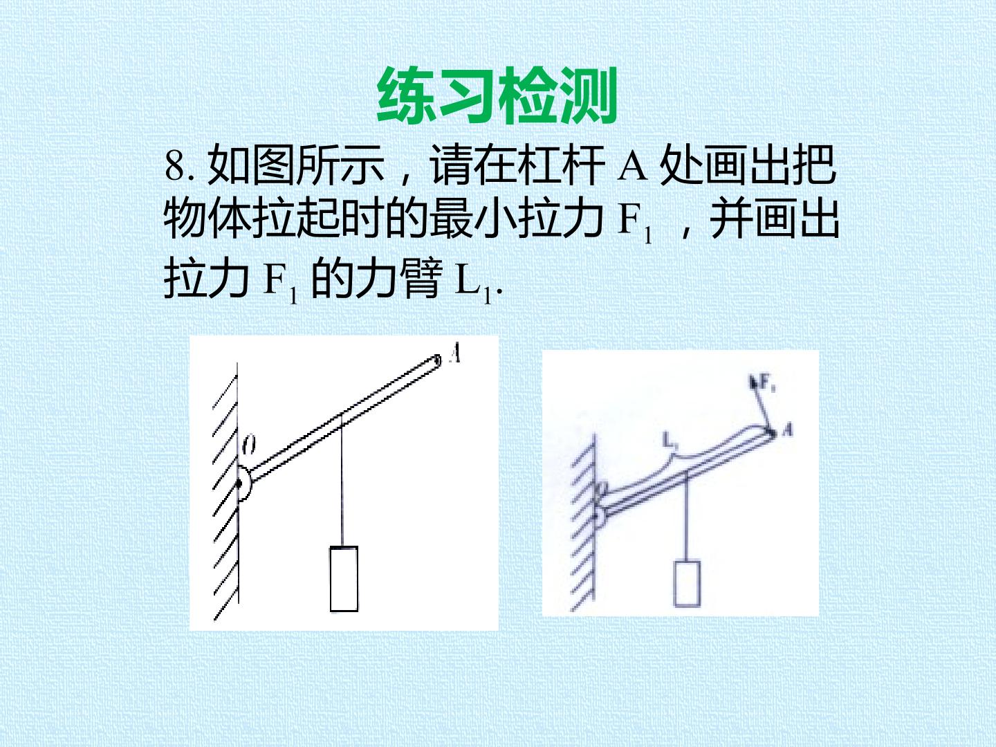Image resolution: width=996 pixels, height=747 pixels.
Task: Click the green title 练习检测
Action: (497, 96)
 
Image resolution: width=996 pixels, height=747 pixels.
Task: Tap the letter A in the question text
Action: (633, 165)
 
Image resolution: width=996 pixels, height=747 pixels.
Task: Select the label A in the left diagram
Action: (455, 353)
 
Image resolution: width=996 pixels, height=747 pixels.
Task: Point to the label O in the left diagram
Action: (249, 445)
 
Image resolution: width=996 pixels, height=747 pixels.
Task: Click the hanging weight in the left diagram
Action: (344, 579)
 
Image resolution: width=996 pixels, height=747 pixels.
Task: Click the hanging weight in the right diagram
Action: (687, 584)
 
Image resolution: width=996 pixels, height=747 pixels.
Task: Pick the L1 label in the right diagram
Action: (669, 439)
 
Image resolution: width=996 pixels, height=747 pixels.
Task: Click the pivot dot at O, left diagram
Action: (239, 484)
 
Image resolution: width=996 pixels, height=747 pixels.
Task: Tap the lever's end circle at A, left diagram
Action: (437, 360)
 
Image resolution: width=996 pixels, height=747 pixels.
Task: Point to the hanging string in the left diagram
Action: (342, 481)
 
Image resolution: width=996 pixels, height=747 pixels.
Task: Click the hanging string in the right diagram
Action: (688, 519)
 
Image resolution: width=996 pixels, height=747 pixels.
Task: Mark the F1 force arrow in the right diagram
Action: (761, 403)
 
